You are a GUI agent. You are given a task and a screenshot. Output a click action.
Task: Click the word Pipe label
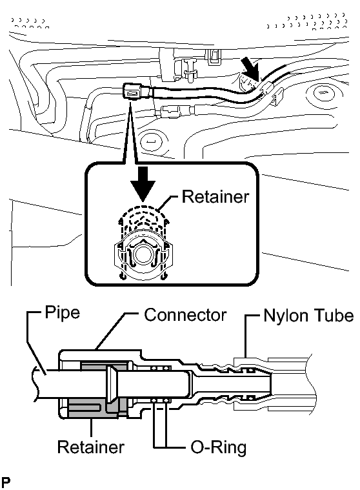point(63,312)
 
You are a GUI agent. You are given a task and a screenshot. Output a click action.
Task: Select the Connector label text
point(185,315)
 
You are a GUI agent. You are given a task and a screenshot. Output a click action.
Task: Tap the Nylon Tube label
point(308,315)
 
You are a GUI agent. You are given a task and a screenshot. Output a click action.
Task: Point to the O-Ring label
point(219,447)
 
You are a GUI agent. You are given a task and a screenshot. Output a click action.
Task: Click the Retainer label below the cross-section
point(91,447)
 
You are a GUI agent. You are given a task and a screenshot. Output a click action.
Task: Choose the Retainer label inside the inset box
point(215,197)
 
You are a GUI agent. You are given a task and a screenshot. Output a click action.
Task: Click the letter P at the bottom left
point(5,482)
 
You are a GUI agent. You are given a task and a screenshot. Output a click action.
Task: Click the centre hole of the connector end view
point(144,254)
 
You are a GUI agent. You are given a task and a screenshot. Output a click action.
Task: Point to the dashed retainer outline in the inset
point(143,219)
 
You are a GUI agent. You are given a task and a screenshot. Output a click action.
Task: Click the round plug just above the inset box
point(152,141)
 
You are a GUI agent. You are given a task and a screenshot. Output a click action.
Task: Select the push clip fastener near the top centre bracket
point(190,70)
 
